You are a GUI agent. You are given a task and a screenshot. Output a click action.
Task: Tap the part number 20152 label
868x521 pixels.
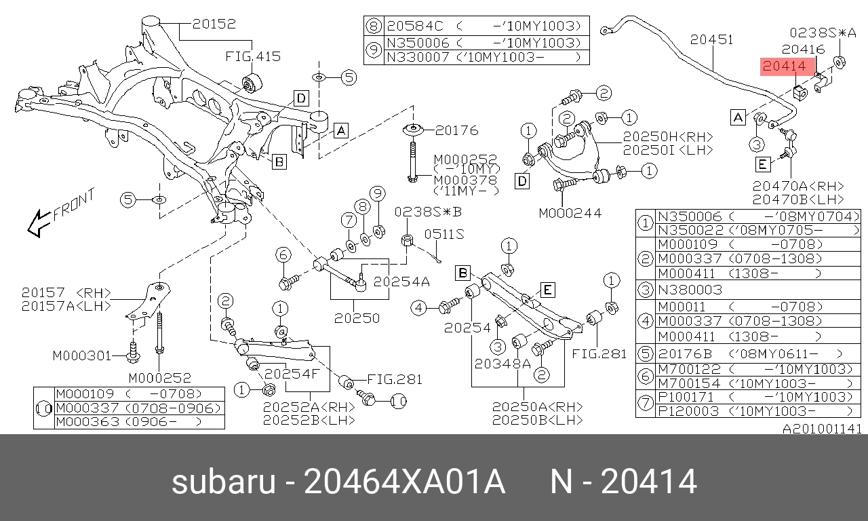tap(214, 24)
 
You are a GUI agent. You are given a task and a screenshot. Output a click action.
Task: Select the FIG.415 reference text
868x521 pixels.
tap(253, 56)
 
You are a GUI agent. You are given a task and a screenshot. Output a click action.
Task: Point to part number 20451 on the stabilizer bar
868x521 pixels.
tap(711, 40)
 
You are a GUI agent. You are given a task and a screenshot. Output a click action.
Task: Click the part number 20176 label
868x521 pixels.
tap(456, 130)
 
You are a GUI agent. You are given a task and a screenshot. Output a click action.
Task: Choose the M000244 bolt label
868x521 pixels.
tap(570, 213)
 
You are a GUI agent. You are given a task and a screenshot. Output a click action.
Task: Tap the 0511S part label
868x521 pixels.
tap(444, 234)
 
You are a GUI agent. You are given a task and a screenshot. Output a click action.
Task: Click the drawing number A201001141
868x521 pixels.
tap(822, 429)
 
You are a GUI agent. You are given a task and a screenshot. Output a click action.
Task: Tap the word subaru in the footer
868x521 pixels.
tap(223, 483)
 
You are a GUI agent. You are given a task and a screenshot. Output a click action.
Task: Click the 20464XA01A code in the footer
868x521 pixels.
tap(404, 483)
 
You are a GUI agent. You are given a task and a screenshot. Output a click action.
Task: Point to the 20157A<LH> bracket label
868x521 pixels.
tap(66, 306)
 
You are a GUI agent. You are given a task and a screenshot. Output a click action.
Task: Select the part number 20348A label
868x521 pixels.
tap(502, 364)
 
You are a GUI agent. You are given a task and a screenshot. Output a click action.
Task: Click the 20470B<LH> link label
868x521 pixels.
tap(798, 199)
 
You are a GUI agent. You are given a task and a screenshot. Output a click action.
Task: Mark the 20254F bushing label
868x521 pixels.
tap(292, 374)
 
